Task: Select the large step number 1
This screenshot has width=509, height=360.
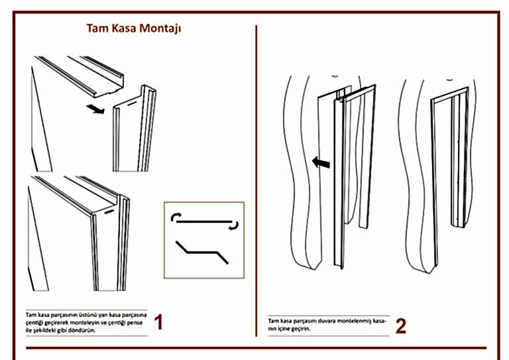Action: [158, 323]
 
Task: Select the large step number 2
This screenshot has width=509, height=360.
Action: [400, 326]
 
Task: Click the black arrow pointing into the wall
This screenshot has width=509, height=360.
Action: [321, 162]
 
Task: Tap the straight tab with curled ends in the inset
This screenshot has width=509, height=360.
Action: [205, 221]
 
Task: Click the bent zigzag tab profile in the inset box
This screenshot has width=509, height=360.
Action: [202, 252]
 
